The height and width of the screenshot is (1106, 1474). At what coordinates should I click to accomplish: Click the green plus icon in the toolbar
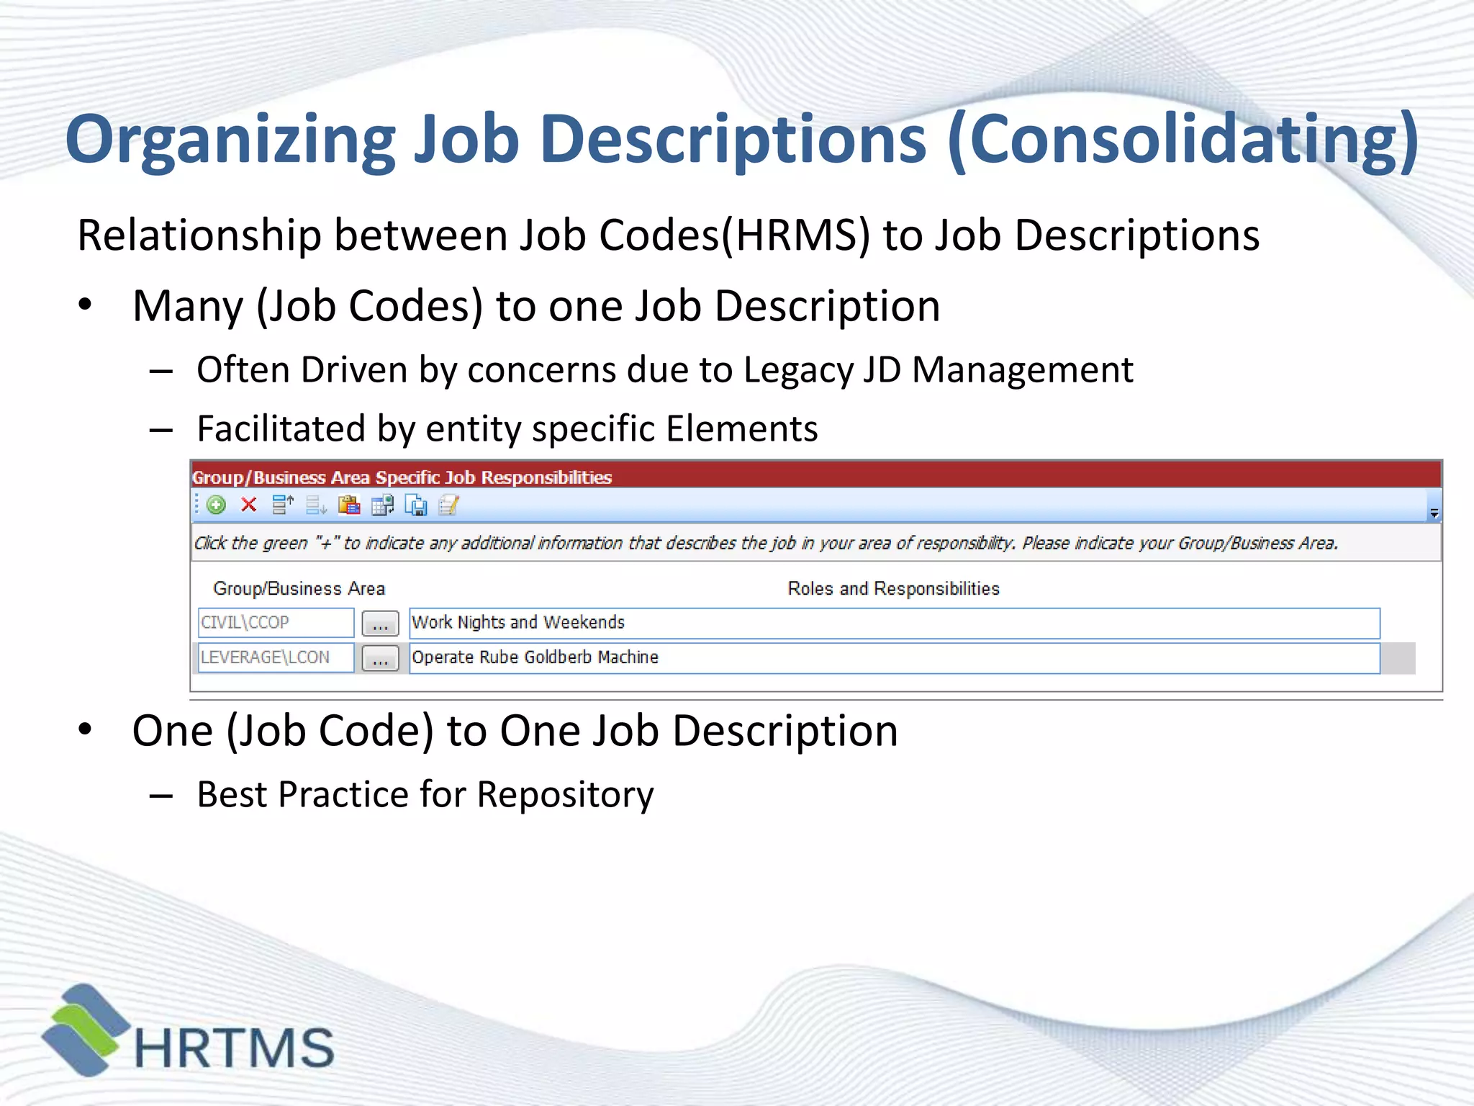tap(216, 505)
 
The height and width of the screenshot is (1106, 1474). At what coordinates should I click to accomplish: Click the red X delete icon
tap(249, 505)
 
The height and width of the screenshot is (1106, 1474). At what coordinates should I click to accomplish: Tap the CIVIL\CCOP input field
tap(276, 623)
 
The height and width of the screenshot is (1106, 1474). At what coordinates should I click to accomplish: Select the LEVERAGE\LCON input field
tap(276, 657)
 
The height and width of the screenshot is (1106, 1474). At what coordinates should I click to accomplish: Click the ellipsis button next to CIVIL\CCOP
tap(380, 624)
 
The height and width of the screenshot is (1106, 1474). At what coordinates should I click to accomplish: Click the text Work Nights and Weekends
tap(518, 623)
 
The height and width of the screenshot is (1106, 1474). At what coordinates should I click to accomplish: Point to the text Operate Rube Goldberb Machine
tap(535, 657)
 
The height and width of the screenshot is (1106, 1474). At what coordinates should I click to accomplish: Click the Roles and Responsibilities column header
tap(893, 589)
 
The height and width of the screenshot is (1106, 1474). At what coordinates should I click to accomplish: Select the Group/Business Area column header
tap(299, 589)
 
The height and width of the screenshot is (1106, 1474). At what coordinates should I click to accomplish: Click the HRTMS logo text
tap(234, 1048)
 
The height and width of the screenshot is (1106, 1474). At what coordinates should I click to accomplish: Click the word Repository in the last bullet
tap(565, 795)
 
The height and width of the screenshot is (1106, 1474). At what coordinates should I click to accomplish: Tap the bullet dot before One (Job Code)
tap(86, 730)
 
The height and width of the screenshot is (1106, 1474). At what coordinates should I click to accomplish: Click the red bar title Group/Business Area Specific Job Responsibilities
tap(402, 477)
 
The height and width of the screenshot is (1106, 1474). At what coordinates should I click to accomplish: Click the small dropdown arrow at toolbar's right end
tap(1434, 513)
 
